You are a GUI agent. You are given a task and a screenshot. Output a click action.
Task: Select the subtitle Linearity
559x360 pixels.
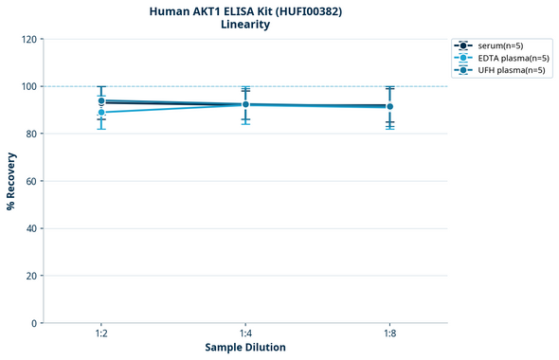(245, 25)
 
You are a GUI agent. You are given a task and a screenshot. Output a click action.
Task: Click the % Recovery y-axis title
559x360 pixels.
(11, 181)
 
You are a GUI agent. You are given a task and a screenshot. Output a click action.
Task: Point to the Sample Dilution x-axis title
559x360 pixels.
(245, 348)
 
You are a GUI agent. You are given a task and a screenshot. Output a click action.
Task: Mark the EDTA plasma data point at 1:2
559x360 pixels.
(101, 112)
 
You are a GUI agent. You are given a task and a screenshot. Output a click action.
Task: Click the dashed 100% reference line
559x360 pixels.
(313, 86)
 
